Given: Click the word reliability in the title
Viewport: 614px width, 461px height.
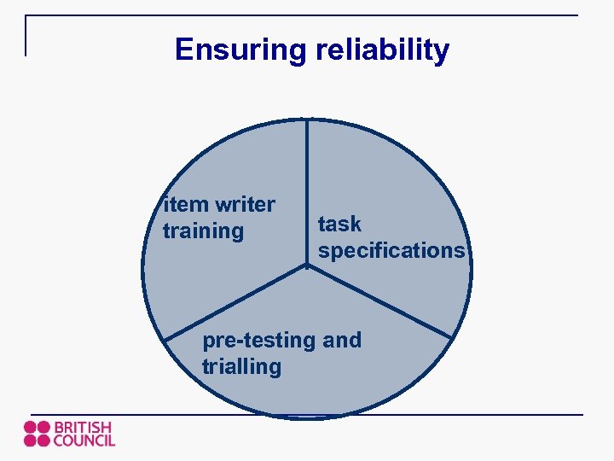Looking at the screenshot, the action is (382, 50).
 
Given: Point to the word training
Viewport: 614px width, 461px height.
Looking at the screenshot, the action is (203, 231).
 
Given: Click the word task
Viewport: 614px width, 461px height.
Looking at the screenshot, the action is (339, 225).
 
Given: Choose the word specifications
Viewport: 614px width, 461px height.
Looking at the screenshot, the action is (391, 251).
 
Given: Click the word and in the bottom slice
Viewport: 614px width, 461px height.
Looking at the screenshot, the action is (343, 341).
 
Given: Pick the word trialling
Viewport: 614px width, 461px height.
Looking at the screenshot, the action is (241, 367).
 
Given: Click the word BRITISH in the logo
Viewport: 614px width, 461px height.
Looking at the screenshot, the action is (83, 427).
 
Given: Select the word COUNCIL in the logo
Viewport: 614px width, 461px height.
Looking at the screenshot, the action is (84, 441).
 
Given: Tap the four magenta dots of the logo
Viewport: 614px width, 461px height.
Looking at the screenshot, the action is (37, 434).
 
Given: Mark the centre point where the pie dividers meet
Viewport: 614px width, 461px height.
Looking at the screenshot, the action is (307, 266).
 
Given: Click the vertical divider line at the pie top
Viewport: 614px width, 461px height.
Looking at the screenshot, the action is (307, 188).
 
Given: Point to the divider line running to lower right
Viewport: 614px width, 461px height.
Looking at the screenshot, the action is (379, 301).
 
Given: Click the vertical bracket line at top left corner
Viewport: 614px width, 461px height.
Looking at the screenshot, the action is (26, 36).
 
